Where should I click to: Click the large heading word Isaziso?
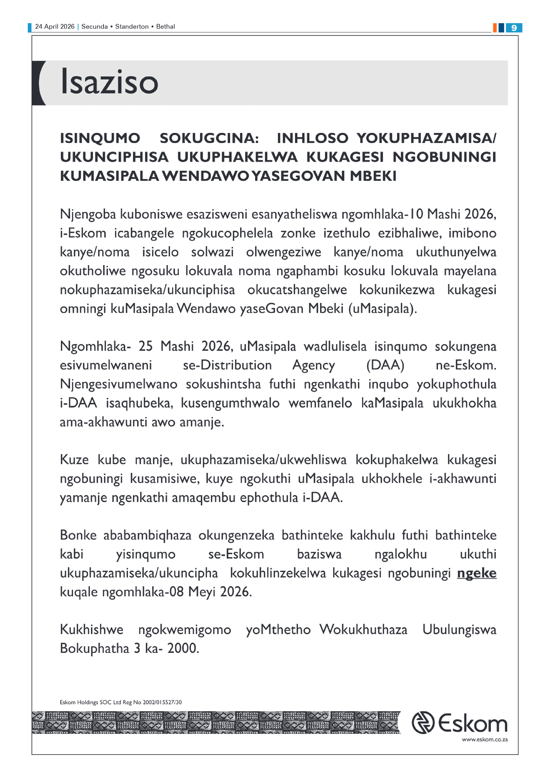109,82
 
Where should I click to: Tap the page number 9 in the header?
514,28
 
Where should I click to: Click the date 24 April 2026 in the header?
55,27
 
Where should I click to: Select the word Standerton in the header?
132,27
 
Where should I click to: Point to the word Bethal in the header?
165,27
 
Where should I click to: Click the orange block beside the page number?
495,28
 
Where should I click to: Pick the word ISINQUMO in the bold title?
100,138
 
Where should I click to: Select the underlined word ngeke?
477,573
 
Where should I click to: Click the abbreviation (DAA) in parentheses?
385,365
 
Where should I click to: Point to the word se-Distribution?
227,365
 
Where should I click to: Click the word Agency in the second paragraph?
313,365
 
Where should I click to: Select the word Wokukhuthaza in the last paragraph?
363,630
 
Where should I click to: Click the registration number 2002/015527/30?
162,702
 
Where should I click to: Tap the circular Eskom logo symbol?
423,723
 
